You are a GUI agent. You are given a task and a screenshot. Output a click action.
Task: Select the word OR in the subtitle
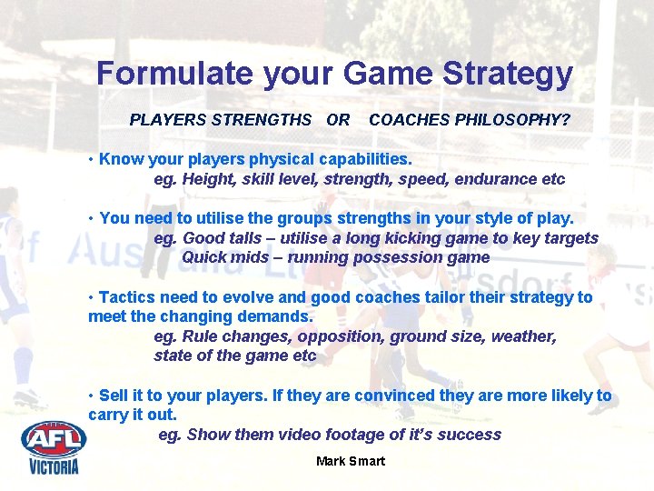[x=338, y=120]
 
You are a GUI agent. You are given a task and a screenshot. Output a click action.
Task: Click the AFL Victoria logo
[x=54, y=446]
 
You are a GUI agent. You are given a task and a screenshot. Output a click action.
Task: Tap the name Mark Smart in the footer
[x=351, y=461]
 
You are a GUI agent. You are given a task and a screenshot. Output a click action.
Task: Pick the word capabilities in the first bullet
[x=362, y=159]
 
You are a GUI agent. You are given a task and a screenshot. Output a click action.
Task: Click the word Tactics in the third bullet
[x=127, y=297]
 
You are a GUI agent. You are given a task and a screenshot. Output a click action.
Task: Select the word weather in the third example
[x=524, y=336]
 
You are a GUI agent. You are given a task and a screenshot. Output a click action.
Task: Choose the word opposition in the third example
[x=341, y=336]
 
